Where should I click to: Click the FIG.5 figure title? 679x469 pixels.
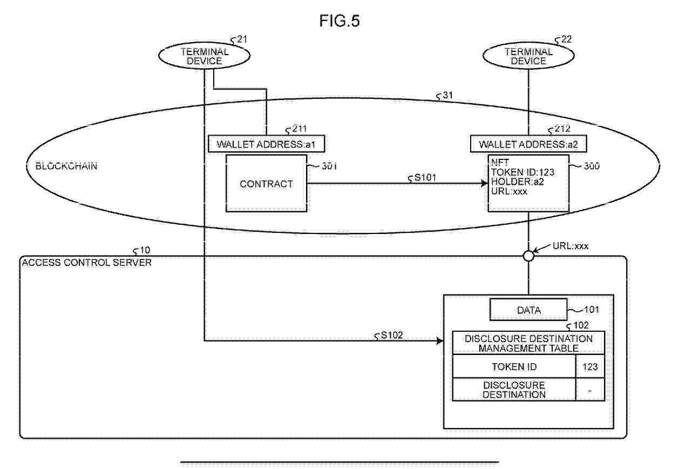(339, 21)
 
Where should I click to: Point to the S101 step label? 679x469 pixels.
(425, 177)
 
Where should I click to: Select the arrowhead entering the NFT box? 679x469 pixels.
(484, 183)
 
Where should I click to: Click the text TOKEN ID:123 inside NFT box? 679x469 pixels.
(522, 172)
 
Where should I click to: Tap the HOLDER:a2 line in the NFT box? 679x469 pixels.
(518, 182)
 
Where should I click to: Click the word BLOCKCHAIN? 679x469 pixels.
(66, 166)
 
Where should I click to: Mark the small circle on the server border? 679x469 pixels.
(528, 256)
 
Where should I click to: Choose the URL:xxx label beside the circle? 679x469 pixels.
(570, 246)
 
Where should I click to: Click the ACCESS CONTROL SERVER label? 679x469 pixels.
(87, 263)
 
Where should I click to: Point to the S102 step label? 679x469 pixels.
(392, 335)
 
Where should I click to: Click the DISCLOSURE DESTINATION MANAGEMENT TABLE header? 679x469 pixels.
(528, 343)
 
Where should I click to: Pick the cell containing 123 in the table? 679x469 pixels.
(590, 366)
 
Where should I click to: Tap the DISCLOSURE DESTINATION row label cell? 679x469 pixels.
(514, 390)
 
